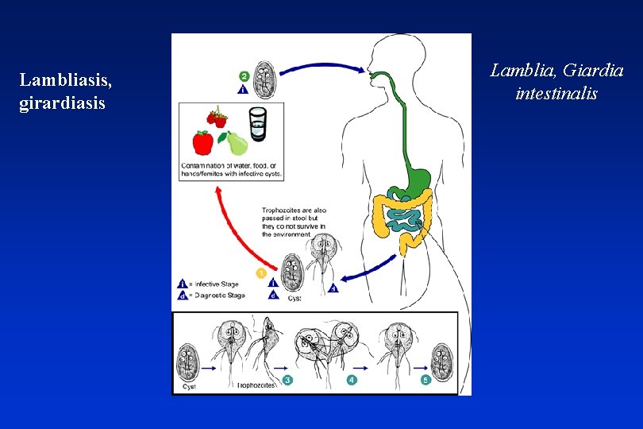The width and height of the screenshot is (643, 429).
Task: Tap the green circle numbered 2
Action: (244, 76)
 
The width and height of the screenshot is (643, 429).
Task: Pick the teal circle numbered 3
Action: (287, 381)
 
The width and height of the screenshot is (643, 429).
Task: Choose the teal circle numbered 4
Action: (352, 381)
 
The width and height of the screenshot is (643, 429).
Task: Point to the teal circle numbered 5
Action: (425, 381)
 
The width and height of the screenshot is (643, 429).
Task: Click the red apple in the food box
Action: (203, 143)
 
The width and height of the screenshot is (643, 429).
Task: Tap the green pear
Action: (237, 143)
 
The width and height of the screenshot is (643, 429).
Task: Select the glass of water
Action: (258, 126)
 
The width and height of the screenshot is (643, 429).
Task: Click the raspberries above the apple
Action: (217, 118)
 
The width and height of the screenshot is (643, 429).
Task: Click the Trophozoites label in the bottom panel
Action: (256, 385)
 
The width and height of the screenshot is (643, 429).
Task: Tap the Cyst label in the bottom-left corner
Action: (189, 386)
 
